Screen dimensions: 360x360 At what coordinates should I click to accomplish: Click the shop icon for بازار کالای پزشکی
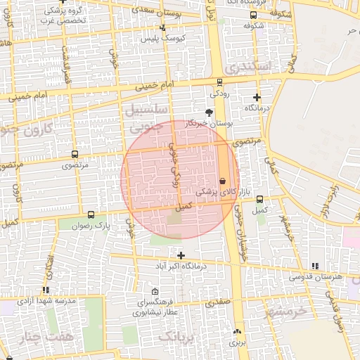(223, 181)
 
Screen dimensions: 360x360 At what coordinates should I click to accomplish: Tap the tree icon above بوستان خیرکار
(208, 112)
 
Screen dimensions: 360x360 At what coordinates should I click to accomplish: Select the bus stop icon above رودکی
(220, 82)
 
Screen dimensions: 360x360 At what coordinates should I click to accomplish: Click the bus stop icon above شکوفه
(252, 15)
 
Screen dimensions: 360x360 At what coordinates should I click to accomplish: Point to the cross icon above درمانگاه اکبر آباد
(181, 255)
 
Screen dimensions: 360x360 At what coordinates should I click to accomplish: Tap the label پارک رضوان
(94, 226)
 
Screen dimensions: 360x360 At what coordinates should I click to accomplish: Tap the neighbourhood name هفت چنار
(48, 336)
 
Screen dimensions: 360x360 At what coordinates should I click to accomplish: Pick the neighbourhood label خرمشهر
(287, 309)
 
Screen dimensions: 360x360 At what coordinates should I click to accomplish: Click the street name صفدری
(217, 303)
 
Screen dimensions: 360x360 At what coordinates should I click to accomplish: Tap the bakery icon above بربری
(236, 332)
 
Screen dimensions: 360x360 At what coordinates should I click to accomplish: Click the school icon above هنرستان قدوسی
(314, 266)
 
